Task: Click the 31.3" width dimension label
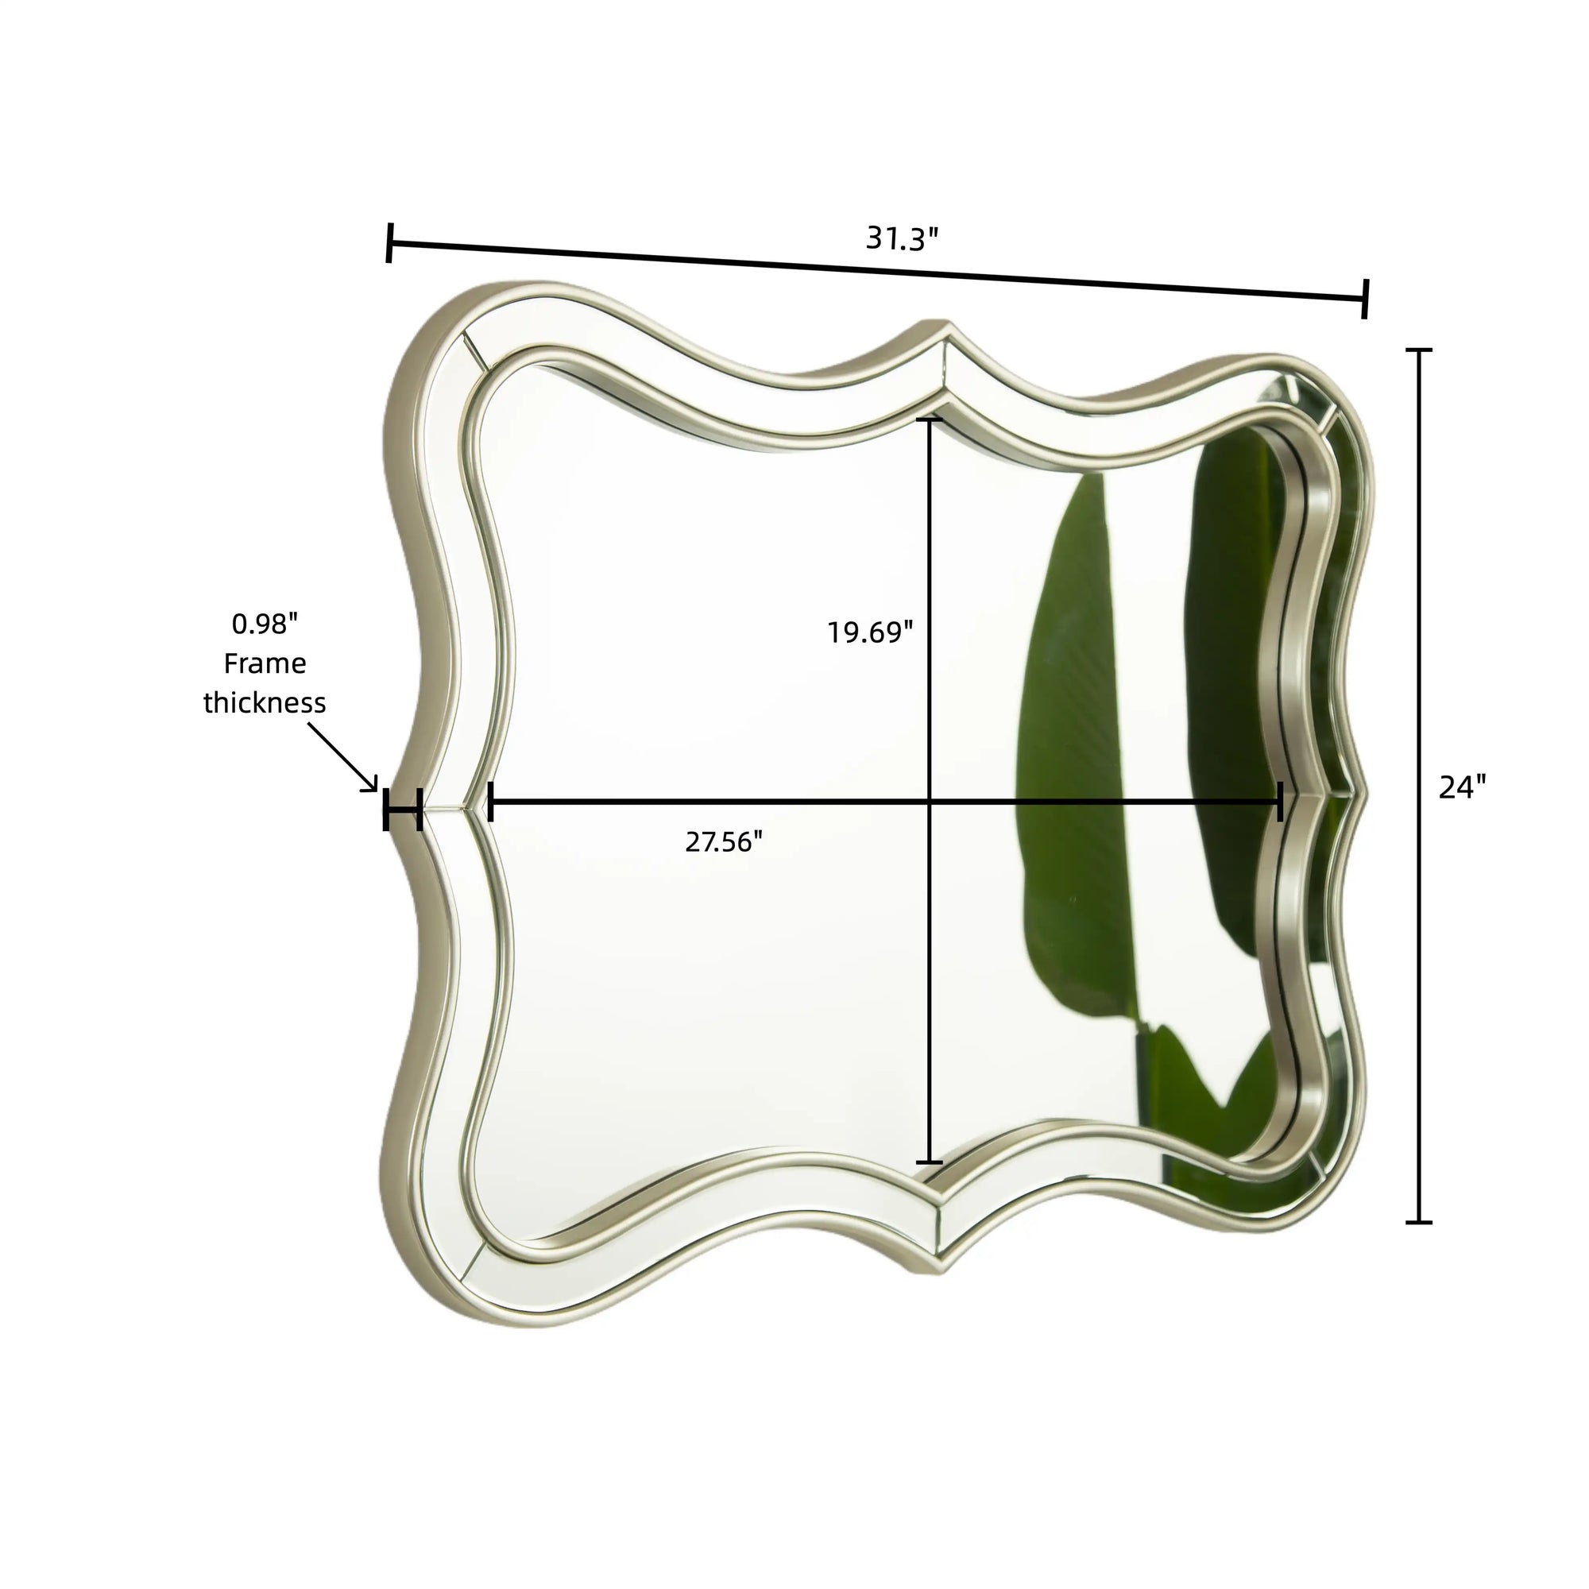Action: [902, 239]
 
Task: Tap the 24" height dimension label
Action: [1463, 787]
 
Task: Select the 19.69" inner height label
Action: [870, 632]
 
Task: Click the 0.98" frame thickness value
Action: [264, 624]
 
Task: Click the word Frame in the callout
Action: [265, 663]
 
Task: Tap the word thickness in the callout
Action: [265, 703]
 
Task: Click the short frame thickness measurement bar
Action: [403, 810]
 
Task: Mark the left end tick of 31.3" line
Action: [389, 242]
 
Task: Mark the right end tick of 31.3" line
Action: [1365, 298]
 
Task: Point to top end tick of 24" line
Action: [1419, 350]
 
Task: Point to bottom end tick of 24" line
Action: [1419, 1222]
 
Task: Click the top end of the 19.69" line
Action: [930, 420]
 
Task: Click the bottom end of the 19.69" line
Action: [930, 1162]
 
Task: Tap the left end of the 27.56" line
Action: [490, 801]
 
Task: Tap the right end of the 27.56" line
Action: [1280, 801]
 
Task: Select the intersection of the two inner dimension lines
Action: [930, 801]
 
